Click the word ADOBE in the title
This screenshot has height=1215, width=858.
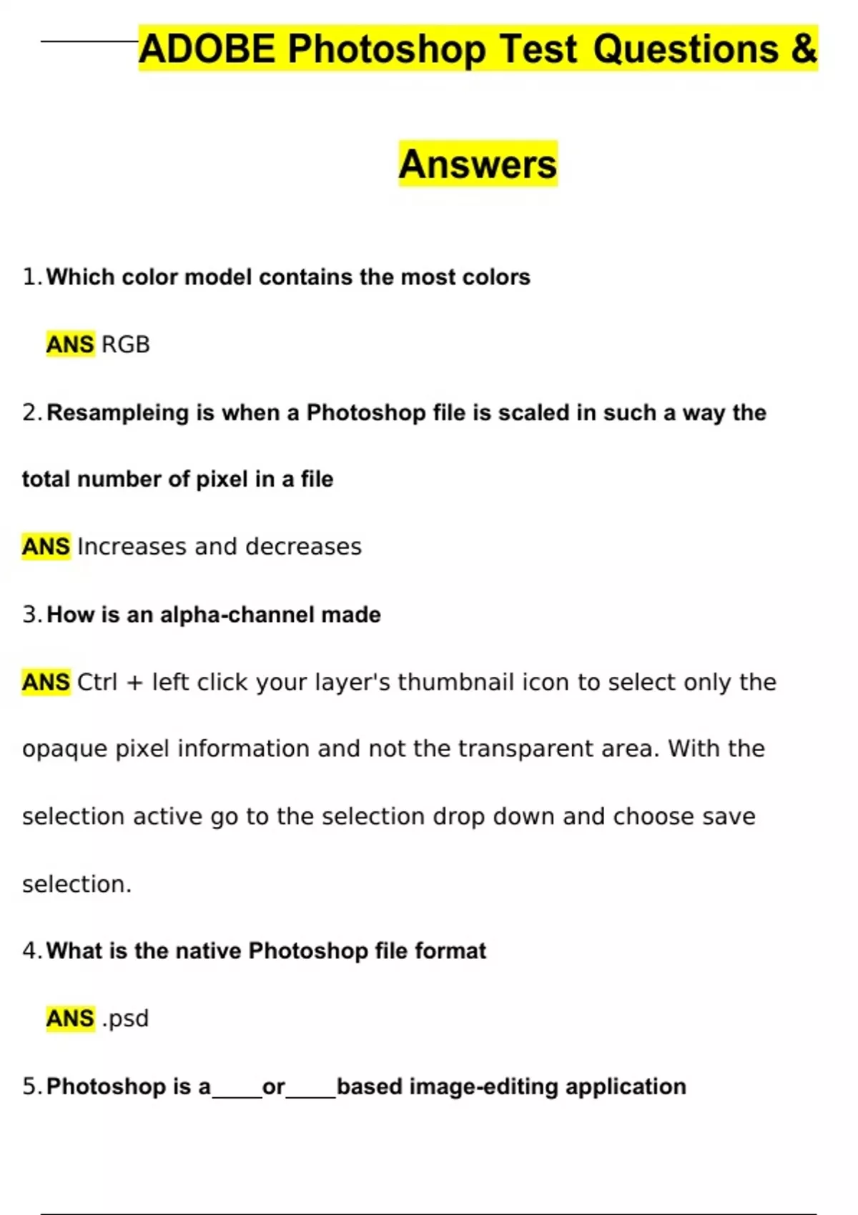coord(207,49)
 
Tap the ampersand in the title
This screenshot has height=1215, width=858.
coord(804,49)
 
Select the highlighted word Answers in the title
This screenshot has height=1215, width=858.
coord(478,164)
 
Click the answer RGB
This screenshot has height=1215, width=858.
coord(126,344)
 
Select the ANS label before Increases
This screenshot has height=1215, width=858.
coord(46,547)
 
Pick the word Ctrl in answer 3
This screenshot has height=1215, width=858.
coord(97,683)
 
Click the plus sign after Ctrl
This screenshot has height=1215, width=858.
coord(134,683)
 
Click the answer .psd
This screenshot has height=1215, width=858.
coord(126,1018)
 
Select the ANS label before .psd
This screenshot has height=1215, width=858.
coord(70,1018)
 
